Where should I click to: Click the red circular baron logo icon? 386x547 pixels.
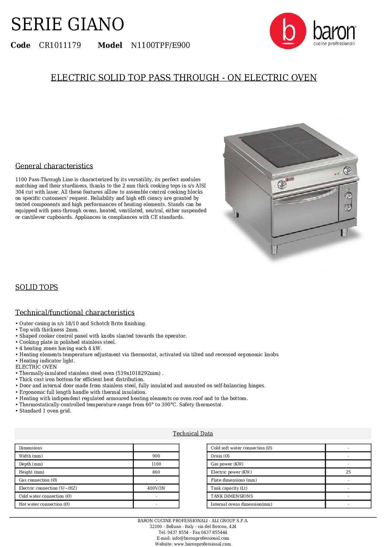(x=288, y=31)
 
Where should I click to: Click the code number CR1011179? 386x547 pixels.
(x=60, y=45)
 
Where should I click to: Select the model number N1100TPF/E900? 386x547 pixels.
(x=160, y=45)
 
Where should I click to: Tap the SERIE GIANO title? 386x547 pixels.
(x=67, y=24)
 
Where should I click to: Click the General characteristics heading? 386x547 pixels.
(x=54, y=166)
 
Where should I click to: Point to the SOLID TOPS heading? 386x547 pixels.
(x=36, y=287)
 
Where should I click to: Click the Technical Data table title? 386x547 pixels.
(x=193, y=433)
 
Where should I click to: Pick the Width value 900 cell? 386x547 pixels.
(x=156, y=456)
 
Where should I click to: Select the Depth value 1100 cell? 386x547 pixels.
(x=156, y=464)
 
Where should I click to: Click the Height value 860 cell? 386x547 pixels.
(x=156, y=472)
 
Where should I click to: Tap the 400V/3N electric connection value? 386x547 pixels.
(x=156, y=488)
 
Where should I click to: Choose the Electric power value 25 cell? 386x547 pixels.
(x=348, y=472)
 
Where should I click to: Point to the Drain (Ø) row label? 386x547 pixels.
(x=220, y=456)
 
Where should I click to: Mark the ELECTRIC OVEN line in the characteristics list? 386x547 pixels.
(x=36, y=367)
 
